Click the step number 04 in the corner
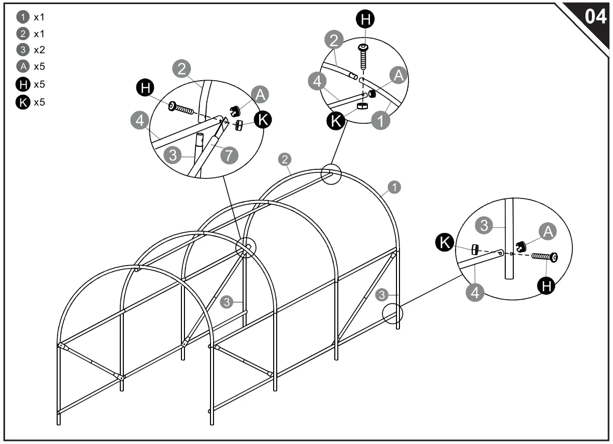595,17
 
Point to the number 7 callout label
229,155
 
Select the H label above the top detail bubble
365,20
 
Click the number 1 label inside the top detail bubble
381,121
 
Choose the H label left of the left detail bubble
146,89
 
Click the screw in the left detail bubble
181,108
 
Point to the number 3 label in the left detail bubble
173,155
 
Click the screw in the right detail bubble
545,257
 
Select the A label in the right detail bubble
548,231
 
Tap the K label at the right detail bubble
444,243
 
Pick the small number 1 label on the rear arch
395,187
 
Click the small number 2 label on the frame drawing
284,160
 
